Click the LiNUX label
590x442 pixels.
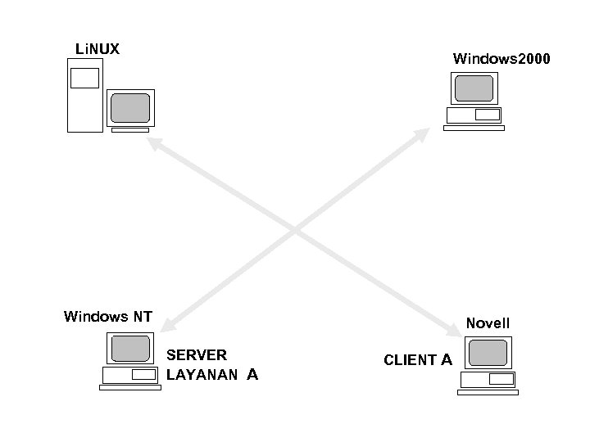[x=97, y=50]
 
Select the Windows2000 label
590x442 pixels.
[x=501, y=59]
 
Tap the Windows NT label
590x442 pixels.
[x=108, y=317]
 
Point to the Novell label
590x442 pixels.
[x=488, y=323]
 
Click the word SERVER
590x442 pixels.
[x=197, y=355]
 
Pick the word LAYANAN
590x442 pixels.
[x=202, y=375]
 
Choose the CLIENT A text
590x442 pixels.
[x=418, y=359]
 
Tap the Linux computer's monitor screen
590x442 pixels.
[x=130, y=108]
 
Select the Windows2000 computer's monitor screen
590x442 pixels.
[x=474, y=88]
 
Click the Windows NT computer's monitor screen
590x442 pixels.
[x=129, y=349]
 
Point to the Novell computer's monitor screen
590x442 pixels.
[x=488, y=353]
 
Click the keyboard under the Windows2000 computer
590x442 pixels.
[x=474, y=128]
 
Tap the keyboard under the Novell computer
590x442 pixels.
[x=488, y=393]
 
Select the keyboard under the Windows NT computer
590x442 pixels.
[x=129, y=388]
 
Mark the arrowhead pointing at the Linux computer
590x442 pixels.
[x=153, y=142]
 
